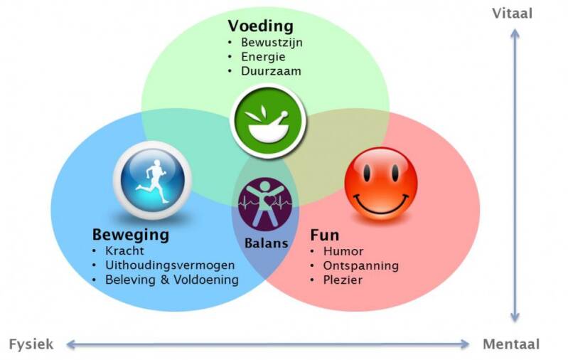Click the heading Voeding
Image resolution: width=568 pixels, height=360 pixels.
260,26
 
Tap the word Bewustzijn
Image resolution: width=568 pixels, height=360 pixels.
272,43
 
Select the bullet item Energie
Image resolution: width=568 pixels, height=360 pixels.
263,57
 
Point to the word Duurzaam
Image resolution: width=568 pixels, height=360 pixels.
271,71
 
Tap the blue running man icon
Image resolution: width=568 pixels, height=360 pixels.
152,179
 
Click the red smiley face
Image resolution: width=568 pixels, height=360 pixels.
380,183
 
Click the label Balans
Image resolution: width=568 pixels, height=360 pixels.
267,243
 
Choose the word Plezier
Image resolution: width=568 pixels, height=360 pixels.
343,280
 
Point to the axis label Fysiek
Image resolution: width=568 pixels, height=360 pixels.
31,344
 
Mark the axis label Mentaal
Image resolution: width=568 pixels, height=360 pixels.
511,344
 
